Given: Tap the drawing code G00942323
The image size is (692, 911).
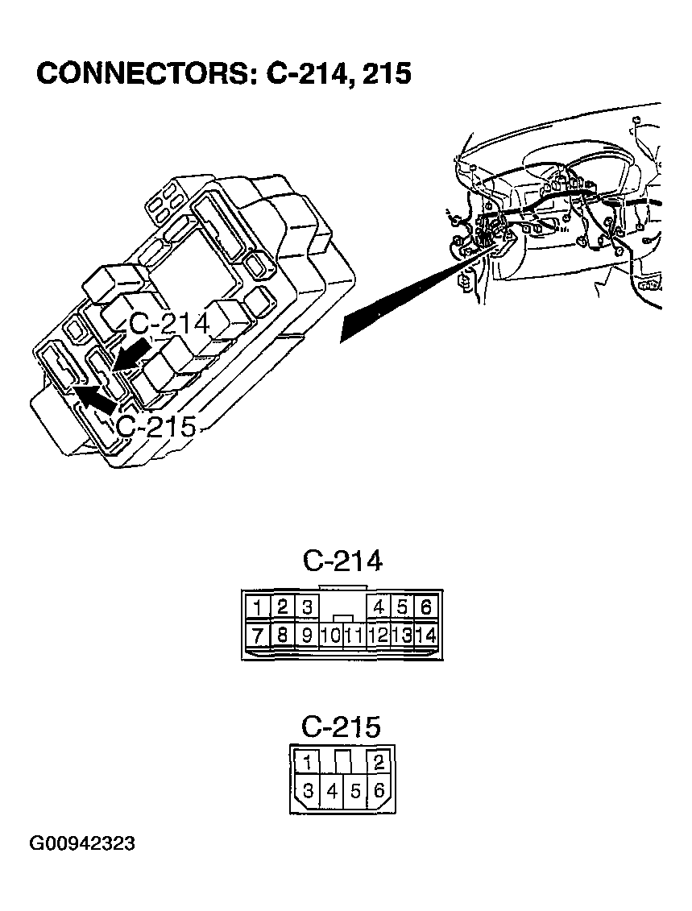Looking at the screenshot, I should coord(82,844).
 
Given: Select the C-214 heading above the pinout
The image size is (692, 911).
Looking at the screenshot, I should coord(342,561).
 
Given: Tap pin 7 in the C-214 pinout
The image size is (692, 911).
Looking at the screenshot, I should coord(258,636).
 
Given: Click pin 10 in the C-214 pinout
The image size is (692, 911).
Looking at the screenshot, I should coord(331,636).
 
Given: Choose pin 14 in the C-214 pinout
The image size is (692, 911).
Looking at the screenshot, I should coord(428,636).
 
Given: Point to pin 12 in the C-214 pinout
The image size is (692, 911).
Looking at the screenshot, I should coord(379,636).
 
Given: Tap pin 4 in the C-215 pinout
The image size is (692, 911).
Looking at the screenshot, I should coord(332,791).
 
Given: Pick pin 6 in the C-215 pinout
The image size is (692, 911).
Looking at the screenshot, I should coord(379,791).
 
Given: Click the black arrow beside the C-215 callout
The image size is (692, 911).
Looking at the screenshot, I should coord(93,397).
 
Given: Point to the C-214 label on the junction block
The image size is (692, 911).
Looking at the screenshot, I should coord(170,324).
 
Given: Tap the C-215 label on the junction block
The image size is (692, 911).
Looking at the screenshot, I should coord(156,426).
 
